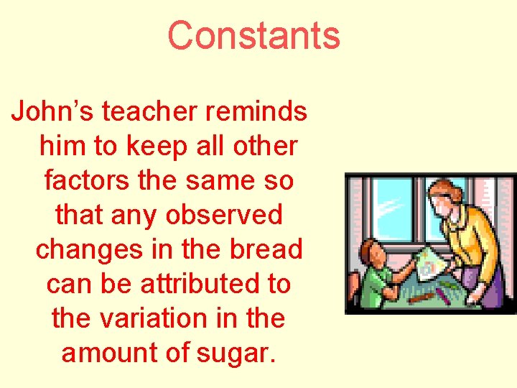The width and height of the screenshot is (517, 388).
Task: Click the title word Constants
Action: click(253, 35)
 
